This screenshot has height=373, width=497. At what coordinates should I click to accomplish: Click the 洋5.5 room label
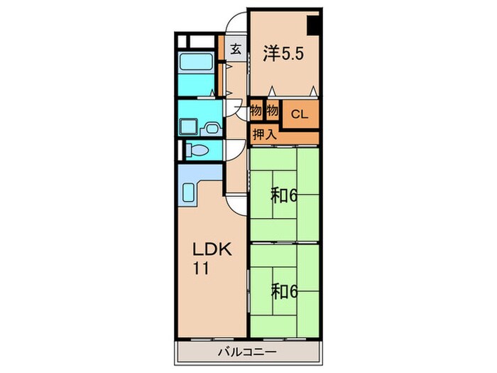coord(283,53)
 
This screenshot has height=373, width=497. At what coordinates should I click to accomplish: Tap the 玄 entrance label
coord(236,49)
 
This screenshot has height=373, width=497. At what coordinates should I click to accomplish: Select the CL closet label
coord(300,114)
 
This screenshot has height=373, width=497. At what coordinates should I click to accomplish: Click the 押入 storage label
coord(265,135)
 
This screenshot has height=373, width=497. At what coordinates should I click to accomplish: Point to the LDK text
coord(213,249)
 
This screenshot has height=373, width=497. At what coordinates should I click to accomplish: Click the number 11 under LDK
coord(201,269)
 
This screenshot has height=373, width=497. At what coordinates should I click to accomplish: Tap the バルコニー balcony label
coord(247,352)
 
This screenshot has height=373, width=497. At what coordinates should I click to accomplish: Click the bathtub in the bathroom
coord(195,62)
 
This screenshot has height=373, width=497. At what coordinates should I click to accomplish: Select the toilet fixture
coord(197,150)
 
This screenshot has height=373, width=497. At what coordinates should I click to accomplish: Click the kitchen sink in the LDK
coord(188,194)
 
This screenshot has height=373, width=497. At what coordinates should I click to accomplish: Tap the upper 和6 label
coord(284,196)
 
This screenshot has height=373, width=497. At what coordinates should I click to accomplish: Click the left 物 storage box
coord(256,111)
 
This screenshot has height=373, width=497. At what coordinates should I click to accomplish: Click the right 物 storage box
coord(272,111)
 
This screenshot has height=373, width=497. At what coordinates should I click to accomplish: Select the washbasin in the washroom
coord(212,128)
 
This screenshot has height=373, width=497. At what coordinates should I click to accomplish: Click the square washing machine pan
coord(189,127)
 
